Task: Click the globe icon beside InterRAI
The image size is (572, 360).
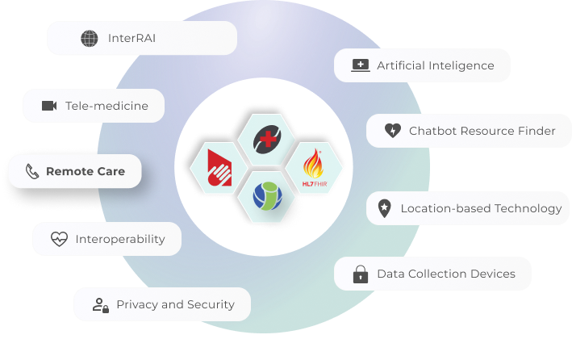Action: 90,38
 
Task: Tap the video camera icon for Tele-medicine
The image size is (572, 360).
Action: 49,106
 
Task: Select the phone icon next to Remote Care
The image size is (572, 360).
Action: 32,171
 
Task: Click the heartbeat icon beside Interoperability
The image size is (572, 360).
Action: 59,239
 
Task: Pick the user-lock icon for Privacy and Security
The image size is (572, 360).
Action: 101,305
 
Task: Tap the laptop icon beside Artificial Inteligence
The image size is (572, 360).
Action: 361,65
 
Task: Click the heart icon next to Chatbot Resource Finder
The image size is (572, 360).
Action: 393,130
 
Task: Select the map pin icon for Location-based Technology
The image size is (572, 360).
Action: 384,208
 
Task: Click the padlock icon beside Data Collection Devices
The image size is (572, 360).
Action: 361,274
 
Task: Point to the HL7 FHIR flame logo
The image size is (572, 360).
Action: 314,168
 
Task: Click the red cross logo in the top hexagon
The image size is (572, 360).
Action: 267,139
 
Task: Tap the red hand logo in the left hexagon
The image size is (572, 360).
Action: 219,168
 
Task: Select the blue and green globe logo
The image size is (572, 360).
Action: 267,196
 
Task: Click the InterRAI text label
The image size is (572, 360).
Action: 132,38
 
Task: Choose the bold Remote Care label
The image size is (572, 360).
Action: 86,171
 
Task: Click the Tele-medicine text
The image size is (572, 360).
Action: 106,106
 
